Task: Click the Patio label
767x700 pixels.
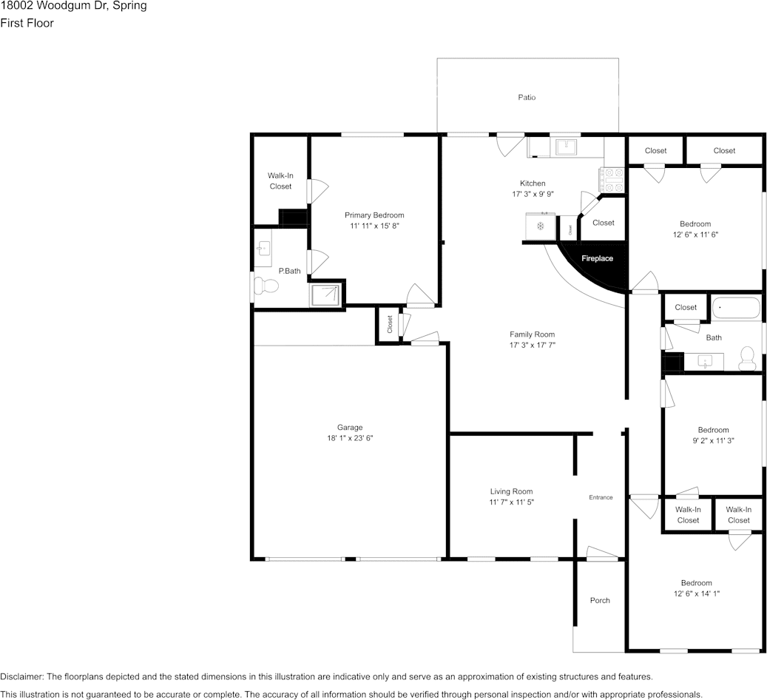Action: click(527, 98)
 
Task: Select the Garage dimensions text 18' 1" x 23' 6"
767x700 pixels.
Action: click(350, 438)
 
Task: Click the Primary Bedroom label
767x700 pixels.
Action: click(374, 215)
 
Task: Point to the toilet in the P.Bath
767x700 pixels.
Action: click(263, 286)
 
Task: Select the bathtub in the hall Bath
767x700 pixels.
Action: click(735, 308)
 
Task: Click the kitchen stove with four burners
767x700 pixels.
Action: click(612, 178)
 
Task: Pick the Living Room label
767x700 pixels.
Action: click(511, 491)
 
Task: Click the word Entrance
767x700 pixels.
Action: click(601, 497)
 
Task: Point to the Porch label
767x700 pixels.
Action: click(600, 600)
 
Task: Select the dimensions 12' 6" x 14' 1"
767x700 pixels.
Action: click(696, 593)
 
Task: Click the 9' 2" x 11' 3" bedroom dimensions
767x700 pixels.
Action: click(713, 440)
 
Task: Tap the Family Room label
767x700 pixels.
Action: click(532, 334)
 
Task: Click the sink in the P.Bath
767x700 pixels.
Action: click(264, 249)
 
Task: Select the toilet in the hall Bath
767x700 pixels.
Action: click(747, 359)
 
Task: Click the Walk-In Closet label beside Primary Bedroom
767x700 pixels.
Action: click(280, 181)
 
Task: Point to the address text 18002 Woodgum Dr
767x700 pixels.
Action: click(73, 6)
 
